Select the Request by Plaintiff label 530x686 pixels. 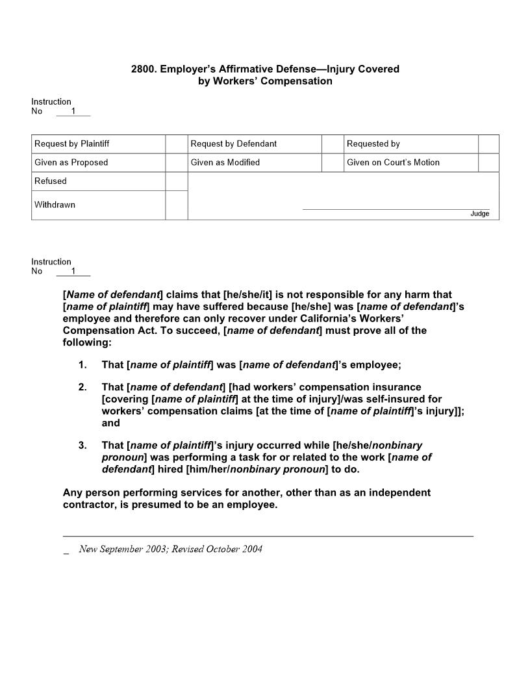tap(71, 144)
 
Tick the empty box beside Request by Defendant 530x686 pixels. tap(333, 144)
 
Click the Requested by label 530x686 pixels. tap(373, 144)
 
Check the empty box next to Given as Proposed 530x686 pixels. tap(176, 162)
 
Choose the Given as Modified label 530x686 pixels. tap(225, 162)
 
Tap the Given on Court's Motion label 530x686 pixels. tap(393, 162)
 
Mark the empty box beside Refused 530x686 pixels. tap(176, 181)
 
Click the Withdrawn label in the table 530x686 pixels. tap(55, 205)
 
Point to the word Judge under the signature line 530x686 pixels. tap(480, 214)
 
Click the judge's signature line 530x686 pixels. tap(396, 209)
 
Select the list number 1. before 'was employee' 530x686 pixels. tap(82, 365)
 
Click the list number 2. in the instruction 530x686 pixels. tap(82, 387)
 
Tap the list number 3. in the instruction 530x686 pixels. tap(82, 446)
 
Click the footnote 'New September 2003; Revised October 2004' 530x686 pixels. tap(170, 549)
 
